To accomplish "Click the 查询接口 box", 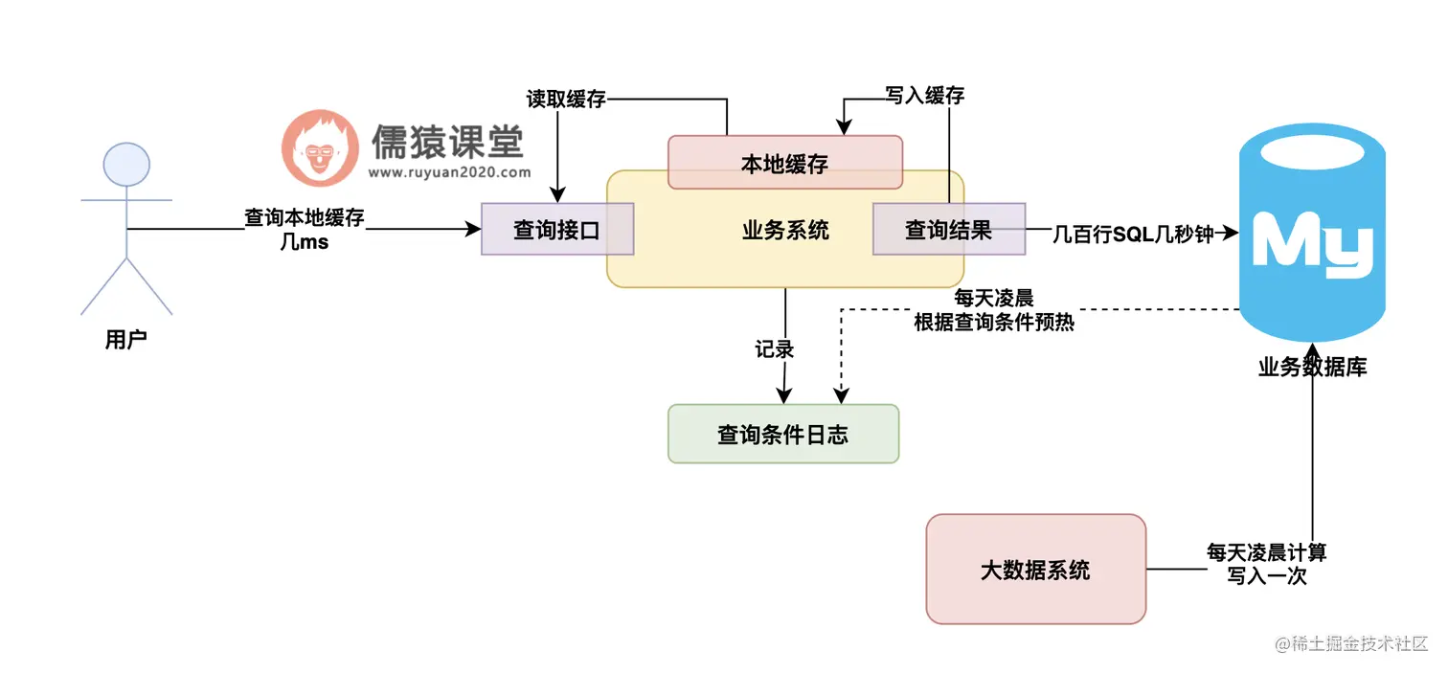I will (x=557, y=230).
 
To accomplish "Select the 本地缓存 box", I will (x=784, y=163).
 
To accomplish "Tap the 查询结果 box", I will (x=948, y=230).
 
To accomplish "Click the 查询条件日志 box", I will (x=782, y=434).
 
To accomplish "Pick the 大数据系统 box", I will (x=1035, y=570).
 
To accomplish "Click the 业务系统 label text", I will (x=785, y=231).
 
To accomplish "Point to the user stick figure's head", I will (x=126, y=165).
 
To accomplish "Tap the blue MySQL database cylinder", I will (x=1312, y=239).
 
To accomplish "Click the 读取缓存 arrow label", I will (x=566, y=99).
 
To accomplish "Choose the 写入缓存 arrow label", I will (x=924, y=95).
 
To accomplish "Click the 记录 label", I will (x=775, y=349).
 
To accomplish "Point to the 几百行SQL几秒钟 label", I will (x=1133, y=233).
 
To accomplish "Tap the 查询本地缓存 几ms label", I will (x=305, y=229).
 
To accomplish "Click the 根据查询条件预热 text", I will (x=994, y=323).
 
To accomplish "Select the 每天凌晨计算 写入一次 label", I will (x=1266, y=565).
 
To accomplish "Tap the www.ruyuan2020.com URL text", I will (x=448, y=173).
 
